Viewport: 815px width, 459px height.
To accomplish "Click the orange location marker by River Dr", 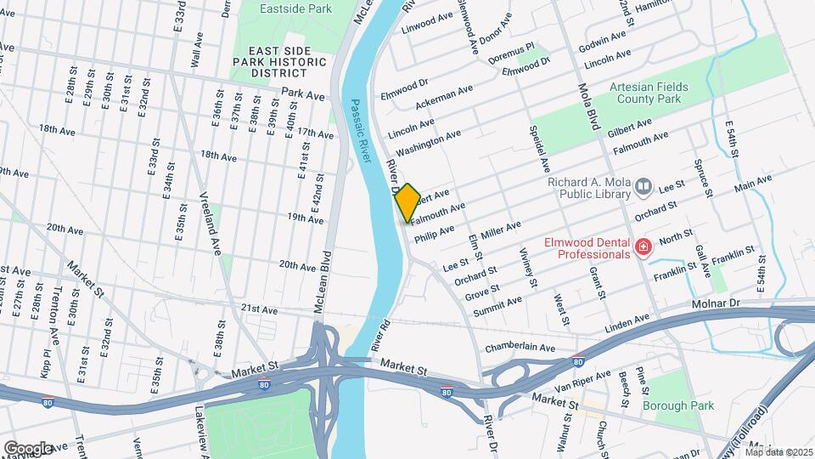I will tap(407, 202).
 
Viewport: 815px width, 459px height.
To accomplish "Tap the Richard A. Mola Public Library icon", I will tap(643, 186).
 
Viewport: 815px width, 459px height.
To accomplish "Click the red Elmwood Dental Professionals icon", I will tap(644, 247).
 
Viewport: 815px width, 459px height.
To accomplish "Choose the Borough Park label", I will tap(674, 405).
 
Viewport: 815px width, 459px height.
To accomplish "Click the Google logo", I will tap(28, 448).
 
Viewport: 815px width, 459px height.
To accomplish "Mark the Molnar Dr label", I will tap(740, 303).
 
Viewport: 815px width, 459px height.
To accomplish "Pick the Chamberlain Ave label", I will tap(520, 348).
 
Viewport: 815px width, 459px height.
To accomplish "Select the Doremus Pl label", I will tap(518, 48).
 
